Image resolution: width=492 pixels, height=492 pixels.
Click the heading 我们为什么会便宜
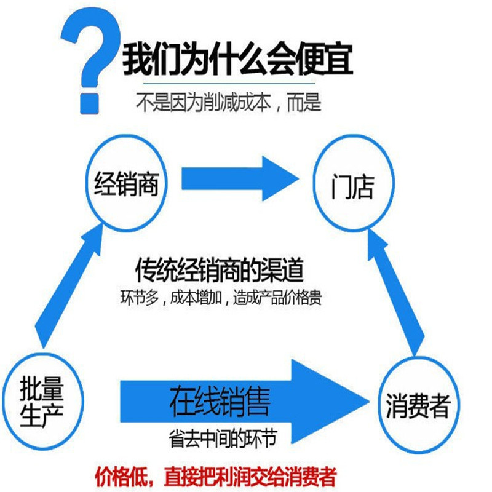[237, 60]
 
